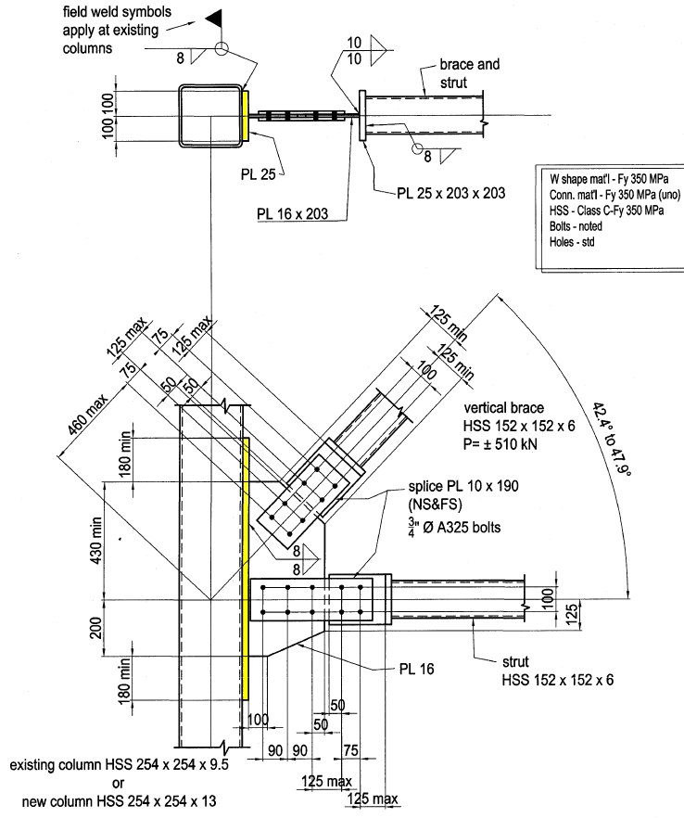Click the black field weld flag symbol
click(215, 18)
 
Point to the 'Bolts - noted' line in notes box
click(573, 227)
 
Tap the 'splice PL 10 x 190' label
click(459, 487)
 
